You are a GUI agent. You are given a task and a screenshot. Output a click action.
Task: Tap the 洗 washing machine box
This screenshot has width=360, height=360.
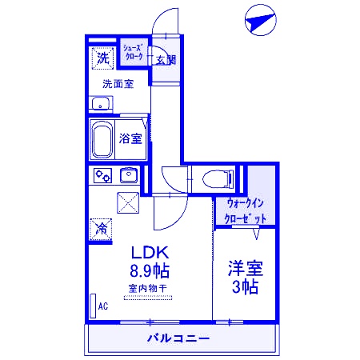(x=103, y=58)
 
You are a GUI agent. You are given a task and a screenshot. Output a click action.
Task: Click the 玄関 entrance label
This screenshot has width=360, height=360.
(x=166, y=59)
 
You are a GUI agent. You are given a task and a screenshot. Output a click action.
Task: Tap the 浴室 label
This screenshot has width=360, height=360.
(x=130, y=138)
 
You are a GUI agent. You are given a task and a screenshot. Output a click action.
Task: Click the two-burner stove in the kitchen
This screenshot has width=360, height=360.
(x=102, y=174)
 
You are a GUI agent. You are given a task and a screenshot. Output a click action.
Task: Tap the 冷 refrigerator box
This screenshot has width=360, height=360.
(x=102, y=229)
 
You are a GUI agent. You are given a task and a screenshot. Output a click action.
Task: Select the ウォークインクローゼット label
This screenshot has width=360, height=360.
(x=245, y=210)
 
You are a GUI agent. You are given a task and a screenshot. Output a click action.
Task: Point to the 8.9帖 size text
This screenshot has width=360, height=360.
(x=149, y=271)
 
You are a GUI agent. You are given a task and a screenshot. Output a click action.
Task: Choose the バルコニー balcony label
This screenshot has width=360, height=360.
(x=178, y=338)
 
